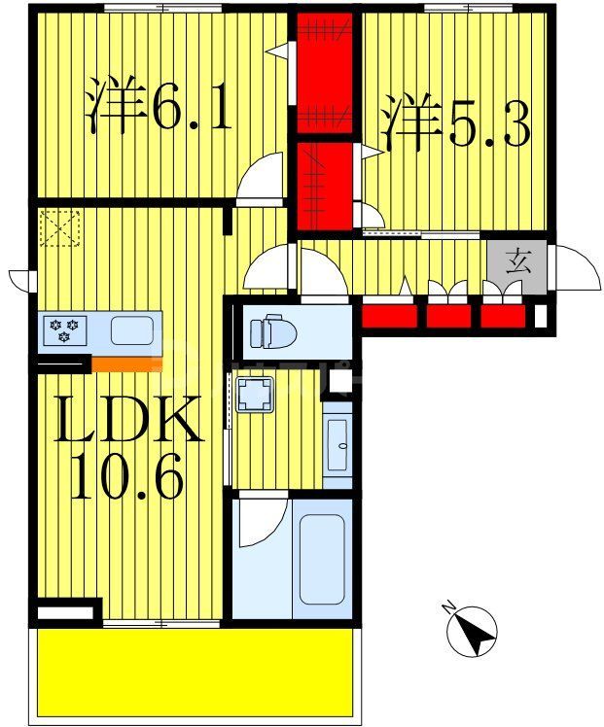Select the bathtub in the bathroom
pyautogui.click(x=323, y=557)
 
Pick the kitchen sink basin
pyautogui.click(x=130, y=330)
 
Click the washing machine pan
pyautogui.click(x=255, y=395)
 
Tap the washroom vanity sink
pyautogui.click(x=338, y=444)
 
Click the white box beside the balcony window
pyautogui.click(x=67, y=613)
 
